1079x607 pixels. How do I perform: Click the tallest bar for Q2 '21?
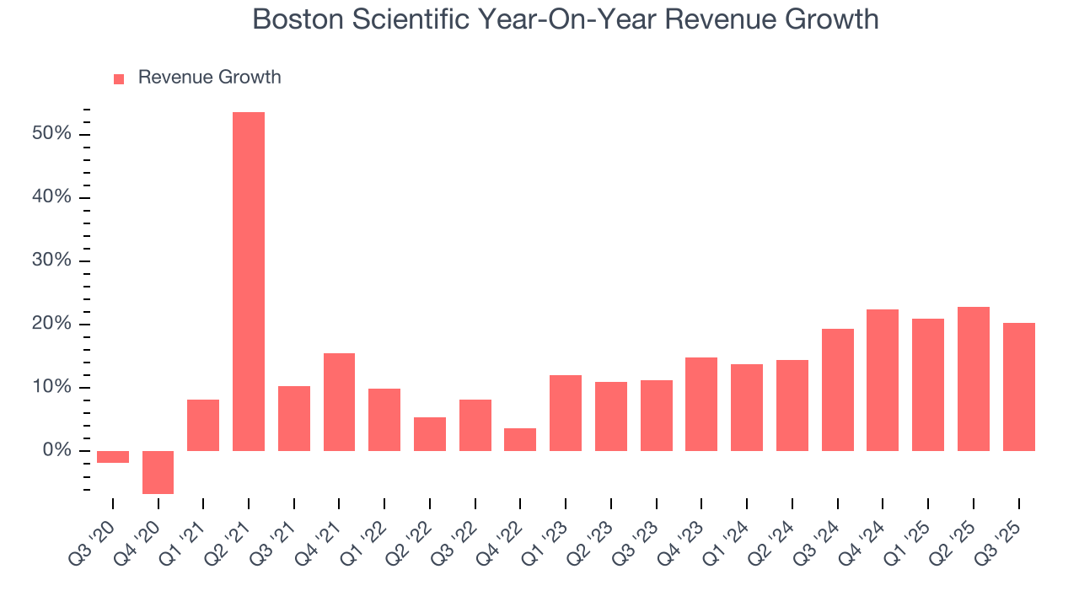click(249, 282)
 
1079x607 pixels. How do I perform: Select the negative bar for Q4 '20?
click(158, 472)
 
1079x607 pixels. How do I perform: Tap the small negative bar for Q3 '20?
click(113, 457)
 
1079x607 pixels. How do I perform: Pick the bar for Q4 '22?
click(520, 439)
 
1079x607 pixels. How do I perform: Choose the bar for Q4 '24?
click(883, 380)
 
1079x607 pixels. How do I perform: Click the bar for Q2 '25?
click(974, 379)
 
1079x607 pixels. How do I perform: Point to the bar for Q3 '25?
click(1018, 387)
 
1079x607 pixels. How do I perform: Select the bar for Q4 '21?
click(339, 402)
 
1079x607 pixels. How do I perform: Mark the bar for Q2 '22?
click(430, 434)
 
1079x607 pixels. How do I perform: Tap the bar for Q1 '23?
click(566, 413)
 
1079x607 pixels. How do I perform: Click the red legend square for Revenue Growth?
click(119, 78)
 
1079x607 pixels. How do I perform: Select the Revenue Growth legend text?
click(209, 78)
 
